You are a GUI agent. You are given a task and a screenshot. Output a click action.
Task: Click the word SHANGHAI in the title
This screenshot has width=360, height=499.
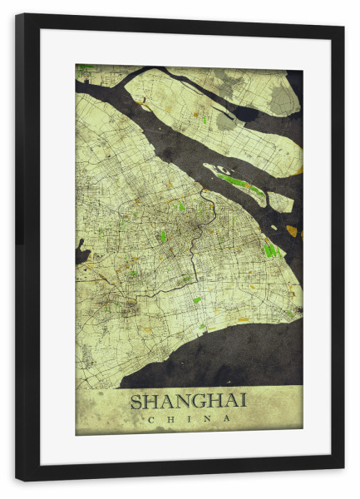coord(188,401)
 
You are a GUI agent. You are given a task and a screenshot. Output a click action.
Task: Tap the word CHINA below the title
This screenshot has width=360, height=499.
coord(188,418)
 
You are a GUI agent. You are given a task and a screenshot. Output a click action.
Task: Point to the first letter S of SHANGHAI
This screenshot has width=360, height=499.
coord(136,401)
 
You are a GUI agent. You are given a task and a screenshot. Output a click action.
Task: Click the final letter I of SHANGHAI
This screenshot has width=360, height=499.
coord(243,401)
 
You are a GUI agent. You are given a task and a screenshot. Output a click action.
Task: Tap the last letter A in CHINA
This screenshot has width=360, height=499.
coord(228,418)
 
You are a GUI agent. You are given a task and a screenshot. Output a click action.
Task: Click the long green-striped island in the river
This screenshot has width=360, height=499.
coord(236,181)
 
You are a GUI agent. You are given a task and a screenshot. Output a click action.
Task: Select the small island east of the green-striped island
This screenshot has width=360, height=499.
coord(280,201)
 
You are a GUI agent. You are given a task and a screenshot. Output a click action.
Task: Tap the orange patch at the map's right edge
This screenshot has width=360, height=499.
coord(291,230)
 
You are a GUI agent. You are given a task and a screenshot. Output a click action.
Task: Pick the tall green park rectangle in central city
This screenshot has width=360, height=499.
coord(163,236)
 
